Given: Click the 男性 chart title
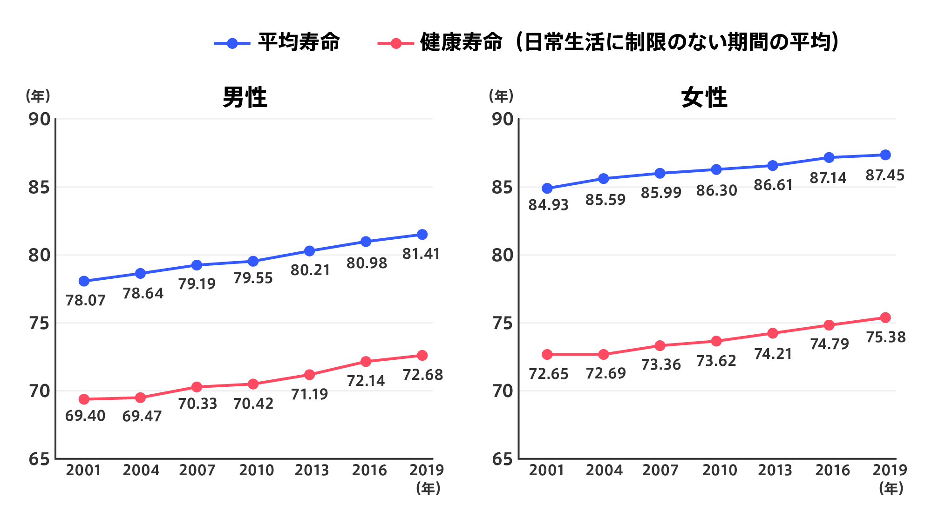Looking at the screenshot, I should pos(245,98).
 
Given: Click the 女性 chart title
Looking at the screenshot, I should pos(704,98).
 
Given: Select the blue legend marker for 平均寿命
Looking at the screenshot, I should pos(232,43).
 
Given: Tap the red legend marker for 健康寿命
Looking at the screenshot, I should pos(396,43).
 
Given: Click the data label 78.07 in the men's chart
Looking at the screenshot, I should pos(86,301).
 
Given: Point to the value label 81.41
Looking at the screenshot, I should pos(421,254).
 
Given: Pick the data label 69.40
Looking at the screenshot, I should pos(85,416).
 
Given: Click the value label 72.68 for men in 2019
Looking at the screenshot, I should pos(423,375).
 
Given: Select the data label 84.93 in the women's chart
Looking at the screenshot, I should pos(549,205).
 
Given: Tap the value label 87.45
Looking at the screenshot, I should pos(885,175).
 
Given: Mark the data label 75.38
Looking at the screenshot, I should pos(885,337).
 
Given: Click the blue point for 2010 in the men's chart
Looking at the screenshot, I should pos(253,261).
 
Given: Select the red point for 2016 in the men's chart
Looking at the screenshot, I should pos(366,362).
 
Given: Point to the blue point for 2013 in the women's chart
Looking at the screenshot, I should pos(773,165).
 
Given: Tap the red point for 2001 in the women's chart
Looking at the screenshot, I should pos(547,355).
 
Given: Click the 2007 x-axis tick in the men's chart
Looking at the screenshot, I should pos(197,470).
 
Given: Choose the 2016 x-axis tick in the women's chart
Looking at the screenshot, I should pos(832,470).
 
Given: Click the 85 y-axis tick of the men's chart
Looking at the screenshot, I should pos(39,188).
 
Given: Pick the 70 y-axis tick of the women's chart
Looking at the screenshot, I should pos(503,391).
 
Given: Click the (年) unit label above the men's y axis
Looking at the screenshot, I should pos(38,96).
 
